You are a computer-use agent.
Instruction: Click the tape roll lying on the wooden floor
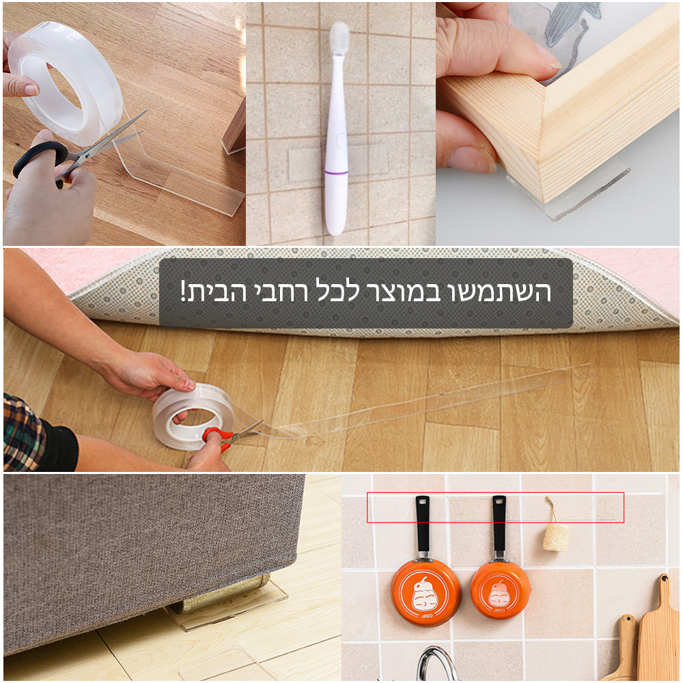point(193,414)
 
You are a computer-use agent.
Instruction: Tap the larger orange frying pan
point(425,591)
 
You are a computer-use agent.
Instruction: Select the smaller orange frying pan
point(500,589)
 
